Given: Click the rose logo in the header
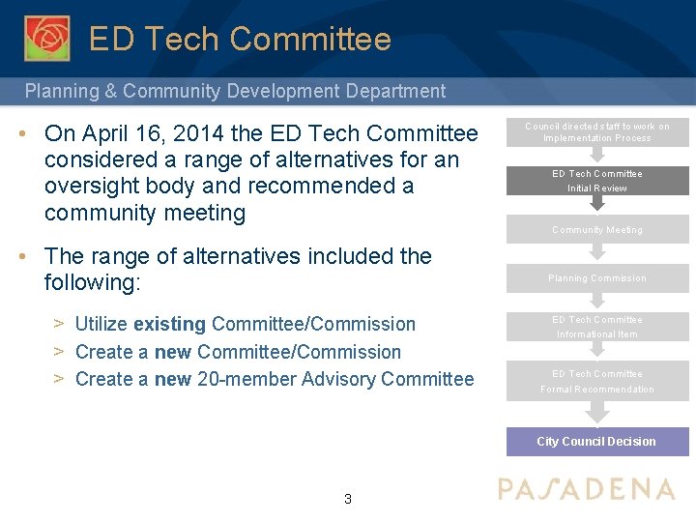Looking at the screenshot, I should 46,38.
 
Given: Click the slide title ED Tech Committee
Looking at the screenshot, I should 240,40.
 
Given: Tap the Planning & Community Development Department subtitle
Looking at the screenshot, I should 235,92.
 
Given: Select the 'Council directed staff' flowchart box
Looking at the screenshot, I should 596,132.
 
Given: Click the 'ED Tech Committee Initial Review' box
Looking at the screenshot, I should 596,181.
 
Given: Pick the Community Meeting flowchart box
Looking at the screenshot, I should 596,230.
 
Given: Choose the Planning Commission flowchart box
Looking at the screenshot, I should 596,278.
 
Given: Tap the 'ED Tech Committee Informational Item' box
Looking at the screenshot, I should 596,327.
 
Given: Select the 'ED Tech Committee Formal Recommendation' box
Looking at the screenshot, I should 596,381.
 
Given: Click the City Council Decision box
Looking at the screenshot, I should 596,442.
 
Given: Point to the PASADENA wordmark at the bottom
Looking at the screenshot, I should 586,489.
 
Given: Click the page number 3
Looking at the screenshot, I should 348,500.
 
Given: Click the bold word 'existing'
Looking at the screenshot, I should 169,324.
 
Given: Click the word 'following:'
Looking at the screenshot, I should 93,283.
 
